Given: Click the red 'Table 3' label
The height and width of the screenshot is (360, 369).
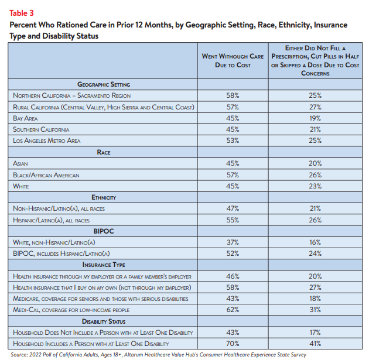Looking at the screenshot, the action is pos(22,13).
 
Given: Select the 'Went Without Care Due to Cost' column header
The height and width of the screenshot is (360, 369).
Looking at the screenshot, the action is pos(233,61).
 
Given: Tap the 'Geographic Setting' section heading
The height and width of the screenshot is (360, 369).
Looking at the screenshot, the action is pos(104,84).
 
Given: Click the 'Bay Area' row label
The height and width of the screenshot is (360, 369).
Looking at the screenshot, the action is pos(25,118).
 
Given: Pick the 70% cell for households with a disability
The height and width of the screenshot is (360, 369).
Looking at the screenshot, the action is pos(233,344).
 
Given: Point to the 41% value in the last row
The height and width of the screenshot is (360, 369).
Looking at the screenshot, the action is pos(315,344).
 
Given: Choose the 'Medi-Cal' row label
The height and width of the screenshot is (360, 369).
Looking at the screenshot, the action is pos(71,310).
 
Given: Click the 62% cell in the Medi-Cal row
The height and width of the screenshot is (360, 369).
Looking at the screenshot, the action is pos(233,310).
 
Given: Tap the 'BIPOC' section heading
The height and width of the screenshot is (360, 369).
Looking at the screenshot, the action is pos(104,231).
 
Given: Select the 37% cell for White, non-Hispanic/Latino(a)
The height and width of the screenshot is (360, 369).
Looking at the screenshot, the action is pos(233,242).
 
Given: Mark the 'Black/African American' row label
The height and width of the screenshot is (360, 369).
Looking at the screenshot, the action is pos(46,175).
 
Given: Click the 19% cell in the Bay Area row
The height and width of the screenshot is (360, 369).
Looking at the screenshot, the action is pos(315,118).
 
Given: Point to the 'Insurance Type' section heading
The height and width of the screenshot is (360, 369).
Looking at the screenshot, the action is pos(104,265).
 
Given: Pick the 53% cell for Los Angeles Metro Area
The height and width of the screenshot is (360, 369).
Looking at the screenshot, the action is pos(233,140).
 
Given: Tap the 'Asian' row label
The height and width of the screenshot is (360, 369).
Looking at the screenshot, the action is pos(20,163).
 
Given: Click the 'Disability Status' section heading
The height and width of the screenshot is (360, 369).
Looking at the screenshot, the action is pos(104,321).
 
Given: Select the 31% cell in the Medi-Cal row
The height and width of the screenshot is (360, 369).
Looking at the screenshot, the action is pos(315,310).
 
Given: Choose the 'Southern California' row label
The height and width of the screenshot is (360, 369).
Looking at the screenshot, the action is pos(41,129).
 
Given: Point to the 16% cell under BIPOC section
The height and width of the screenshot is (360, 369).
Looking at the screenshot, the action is pos(315,242).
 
